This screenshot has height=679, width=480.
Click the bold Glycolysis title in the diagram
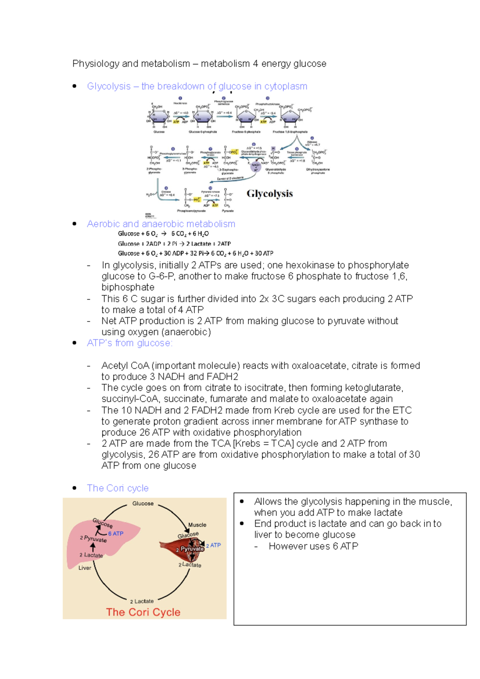[270, 194]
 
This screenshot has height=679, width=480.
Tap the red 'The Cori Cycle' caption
[143, 612]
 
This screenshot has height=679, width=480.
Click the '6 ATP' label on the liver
[116, 533]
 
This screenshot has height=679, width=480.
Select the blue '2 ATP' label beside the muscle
[214, 545]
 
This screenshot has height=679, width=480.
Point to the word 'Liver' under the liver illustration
[85, 568]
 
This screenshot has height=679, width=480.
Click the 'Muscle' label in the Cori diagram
[197, 525]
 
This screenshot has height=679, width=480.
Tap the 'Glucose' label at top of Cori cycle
[143, 503]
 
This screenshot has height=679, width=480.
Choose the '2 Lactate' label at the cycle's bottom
[142, 601]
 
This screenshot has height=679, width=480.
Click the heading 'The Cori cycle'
[118, 488]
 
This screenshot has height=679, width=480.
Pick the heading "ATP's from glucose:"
[130, 343]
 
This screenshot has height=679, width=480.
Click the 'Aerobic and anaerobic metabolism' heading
[161, 224]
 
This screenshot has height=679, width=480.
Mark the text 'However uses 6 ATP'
[313, 546]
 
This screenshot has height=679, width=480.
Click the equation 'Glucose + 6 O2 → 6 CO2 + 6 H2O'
[163, 234]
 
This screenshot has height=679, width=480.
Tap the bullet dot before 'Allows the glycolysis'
[242, 501]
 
